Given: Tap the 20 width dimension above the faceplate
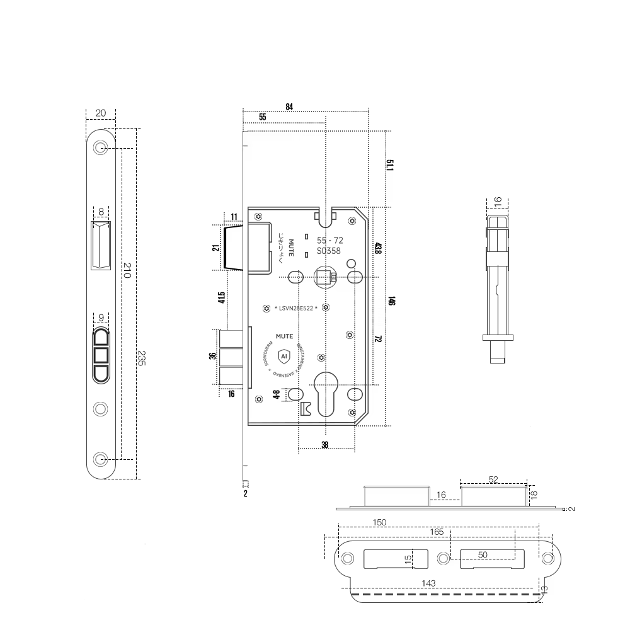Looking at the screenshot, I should pos(101,113).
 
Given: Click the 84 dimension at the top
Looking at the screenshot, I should pos(289,106).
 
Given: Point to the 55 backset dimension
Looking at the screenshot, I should pos(262,117).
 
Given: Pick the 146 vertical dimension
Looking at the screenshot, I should pos(391,301).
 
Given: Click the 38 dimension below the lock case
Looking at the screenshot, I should pos(324,445).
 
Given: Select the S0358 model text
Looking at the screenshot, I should pos(329,251).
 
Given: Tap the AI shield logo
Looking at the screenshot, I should pos(283,355).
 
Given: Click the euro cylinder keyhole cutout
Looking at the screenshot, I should pos(325,394).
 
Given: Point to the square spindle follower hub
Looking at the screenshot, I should pos(325,277).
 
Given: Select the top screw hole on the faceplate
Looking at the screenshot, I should pos(100,148).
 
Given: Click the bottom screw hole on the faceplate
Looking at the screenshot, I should pos(100,458).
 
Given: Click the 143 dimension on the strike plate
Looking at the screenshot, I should pos(429,583).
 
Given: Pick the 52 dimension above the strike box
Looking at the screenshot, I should pos(493,479).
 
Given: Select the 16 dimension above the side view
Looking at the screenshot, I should pos(497,202).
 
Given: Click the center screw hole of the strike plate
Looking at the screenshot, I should pos(444,558).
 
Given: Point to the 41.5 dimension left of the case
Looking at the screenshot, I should pos(222,297).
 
